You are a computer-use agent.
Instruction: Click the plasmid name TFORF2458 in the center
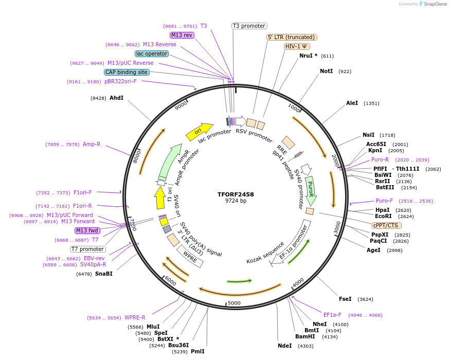click(236, 194)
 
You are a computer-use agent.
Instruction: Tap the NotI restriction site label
click(326, 71)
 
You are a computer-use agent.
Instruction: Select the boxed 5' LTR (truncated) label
click(292, 37)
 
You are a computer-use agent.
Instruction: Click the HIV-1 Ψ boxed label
click(297, 46)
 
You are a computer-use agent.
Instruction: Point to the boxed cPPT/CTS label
click(387, 225)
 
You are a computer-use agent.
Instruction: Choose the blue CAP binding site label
click(127, 73)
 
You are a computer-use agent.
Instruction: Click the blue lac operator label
click(152, 53)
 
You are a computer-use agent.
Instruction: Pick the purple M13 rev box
click(182, 35)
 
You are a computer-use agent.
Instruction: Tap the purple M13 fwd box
click(87, 230)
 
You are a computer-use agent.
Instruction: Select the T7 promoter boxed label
click(88, 249)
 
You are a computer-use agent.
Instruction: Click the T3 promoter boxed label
click(249, 26)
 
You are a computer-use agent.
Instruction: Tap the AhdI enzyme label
click(116, 98)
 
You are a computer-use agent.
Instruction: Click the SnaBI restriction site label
click(103, 274)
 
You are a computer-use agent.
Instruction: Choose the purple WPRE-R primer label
click(135, 317)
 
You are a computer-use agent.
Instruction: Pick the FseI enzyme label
click(345, 299)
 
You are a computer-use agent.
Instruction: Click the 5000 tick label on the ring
click(234, 303)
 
